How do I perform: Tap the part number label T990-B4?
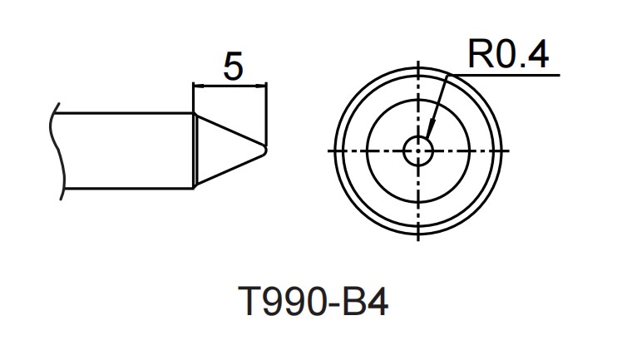click(313, 305)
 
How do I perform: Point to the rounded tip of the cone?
click(265, 150)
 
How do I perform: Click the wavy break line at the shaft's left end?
click(56, 150)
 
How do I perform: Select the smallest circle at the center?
click(418, 150)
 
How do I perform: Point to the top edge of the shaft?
click(125, 114)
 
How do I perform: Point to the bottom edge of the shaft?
click(125, 188)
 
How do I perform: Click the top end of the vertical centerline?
click(418, 62)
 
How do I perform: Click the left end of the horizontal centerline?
click(331, 150)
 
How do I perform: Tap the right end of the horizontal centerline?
click(506, 150)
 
